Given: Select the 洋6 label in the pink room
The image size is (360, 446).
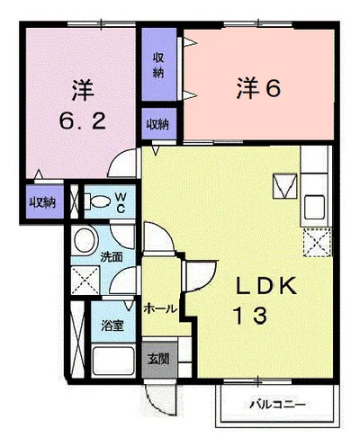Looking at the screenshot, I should click(x=258, y=87).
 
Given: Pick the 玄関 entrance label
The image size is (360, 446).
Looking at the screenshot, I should click(x=157, y=359).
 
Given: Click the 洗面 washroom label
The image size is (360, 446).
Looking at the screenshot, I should click(x=111, y=257).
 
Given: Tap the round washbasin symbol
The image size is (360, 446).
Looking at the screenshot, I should click(x=85, y=241).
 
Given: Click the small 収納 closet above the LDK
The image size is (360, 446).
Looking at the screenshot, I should click(x=158, y=124).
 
